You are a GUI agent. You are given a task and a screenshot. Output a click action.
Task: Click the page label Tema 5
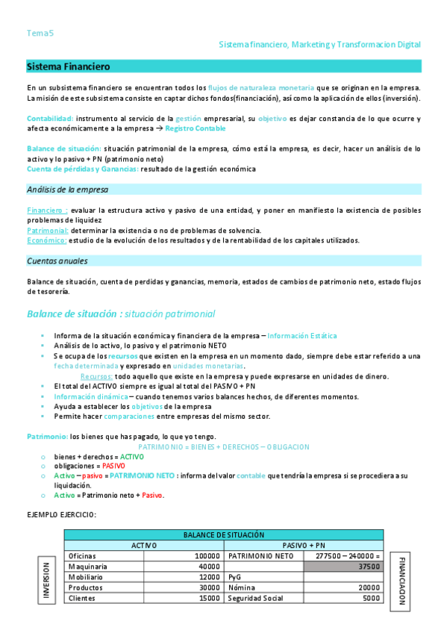(x=40, y=33)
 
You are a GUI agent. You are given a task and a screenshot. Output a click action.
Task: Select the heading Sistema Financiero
(x=68, y=67)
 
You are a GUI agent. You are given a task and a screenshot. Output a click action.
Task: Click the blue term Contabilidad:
(x=50, y=119)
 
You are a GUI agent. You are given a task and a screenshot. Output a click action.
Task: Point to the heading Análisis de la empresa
(x=67, y=189)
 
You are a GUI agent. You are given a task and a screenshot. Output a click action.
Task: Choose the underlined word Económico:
(x=46, y=240)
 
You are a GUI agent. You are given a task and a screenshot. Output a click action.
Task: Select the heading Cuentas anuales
(x=57, y=261)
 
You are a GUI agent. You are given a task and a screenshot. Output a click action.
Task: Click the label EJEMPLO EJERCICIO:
(x=61, y=514)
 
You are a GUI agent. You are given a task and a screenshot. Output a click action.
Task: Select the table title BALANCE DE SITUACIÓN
(x=224, y=535)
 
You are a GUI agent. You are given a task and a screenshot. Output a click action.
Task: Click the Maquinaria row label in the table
(x=87, y=567)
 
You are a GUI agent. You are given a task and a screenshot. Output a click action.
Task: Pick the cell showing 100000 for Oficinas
(x=207, y=556)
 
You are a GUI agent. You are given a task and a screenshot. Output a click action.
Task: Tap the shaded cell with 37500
(x=343, y=567)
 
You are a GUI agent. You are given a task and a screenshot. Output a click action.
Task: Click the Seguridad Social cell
(x=255, y=598)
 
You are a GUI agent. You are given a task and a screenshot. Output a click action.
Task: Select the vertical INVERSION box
(x=46, y=579)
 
